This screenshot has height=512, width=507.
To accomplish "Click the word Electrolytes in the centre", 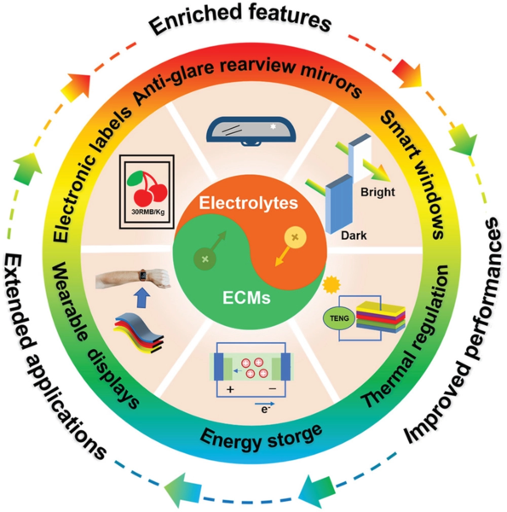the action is tap(249, 203).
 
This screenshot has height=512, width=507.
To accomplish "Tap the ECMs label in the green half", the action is tap(246, 298).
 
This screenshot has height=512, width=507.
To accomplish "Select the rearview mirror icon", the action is tap(251, 131).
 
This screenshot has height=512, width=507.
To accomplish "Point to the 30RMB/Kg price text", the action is tap(147, 212).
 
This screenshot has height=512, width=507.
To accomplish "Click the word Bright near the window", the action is tap(377, 192).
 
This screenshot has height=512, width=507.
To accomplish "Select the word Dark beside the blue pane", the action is tap(354, 236).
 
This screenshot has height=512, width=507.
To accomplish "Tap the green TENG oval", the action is tap(339, 318).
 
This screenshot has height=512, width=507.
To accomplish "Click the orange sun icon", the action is tap(331, 284).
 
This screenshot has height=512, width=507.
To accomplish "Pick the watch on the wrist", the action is tap(143, 275).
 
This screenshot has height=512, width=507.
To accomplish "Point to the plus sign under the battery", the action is tap(230, 389).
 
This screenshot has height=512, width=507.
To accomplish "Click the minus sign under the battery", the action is tap(273, 388).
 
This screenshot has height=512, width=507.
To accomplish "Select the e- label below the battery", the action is tap(265, 409).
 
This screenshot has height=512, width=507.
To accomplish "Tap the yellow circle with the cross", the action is tap(295, 237).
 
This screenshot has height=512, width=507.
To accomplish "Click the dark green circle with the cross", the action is tap(205, 259).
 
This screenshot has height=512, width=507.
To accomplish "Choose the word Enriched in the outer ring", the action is tap(195, 21).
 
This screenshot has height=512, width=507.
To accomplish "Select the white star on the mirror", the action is tap(274, 126).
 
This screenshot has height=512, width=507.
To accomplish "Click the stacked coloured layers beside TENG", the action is tap(381, 317).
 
